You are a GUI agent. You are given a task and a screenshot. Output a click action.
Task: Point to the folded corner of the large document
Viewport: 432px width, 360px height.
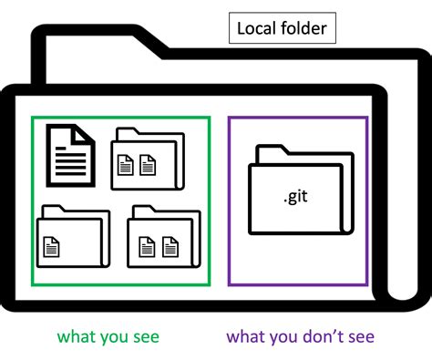pos(86,133)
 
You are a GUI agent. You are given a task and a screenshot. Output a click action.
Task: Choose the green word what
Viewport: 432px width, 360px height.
pos(77,337)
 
